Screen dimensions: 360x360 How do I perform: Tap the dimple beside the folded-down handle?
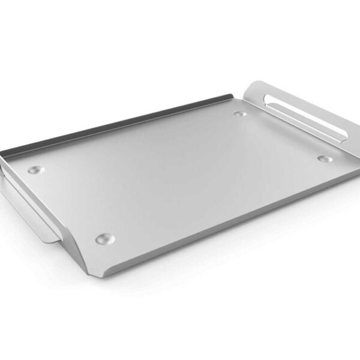pos(36,170)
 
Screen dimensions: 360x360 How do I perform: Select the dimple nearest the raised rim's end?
pos(240,112)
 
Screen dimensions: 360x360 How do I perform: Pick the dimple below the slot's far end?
pos(325,159)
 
